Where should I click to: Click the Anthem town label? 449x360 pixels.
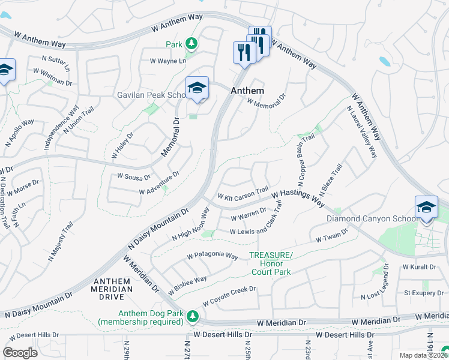pyautogui.click(x=247, y=91)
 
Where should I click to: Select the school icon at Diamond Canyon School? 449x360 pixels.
pyautogui.click(x=426, y=208)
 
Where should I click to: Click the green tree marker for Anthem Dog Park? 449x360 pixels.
pyautogui.click(x=192, y=316)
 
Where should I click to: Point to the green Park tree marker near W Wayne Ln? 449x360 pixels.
pyautogui.click(x=191, y=43)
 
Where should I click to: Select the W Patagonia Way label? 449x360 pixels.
pyautogui.click(x=212, y=256)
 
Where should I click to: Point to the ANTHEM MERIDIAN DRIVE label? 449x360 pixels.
pyautogui.click(x=113, y=289)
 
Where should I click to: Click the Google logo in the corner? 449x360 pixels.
pyautogui.click(x=20, y=352)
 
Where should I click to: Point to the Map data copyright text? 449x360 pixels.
pyautogui.click(x=424, y=355)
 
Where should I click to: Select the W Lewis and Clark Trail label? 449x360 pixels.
pyautogui.click(x=255, y=227)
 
